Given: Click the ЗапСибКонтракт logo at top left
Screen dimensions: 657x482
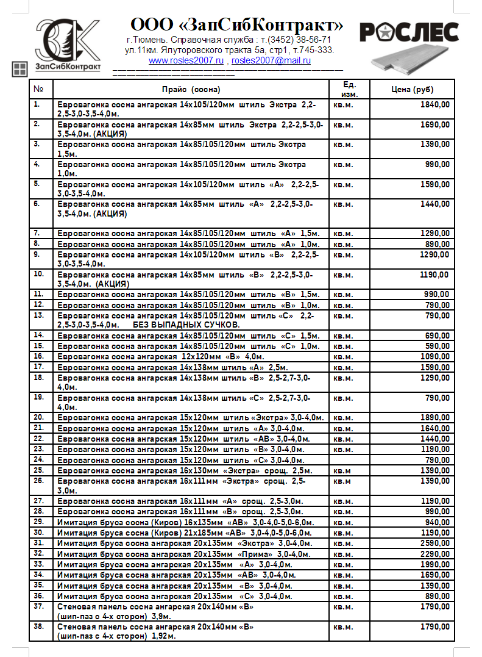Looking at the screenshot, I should (x=67, y=43).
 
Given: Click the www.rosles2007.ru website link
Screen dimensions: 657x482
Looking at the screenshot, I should (x=186, y=60).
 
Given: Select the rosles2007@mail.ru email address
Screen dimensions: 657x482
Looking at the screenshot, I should (x=271, y=60).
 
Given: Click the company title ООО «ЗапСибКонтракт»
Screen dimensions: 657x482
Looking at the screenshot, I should (x=236, y=26).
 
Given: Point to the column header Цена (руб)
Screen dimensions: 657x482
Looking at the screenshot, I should (x=413, y=90).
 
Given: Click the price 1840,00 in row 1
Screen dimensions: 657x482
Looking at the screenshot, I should (x=435, y=105).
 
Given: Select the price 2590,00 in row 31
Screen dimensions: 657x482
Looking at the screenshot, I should (x=435, y=543).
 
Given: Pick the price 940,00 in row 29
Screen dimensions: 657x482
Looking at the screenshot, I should (x=438, y=522).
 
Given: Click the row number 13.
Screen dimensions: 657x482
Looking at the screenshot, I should (x=39, y=315).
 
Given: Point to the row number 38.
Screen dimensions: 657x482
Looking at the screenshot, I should (x=39, y=626).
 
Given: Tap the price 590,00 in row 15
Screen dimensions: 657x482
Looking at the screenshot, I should (x=438, y=346).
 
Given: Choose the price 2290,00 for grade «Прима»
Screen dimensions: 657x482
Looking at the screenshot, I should (x=435, y=553).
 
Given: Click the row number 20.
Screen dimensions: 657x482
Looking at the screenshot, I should (x=39, y=417).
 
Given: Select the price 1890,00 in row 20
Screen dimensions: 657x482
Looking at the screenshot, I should (x=435, y=418).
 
